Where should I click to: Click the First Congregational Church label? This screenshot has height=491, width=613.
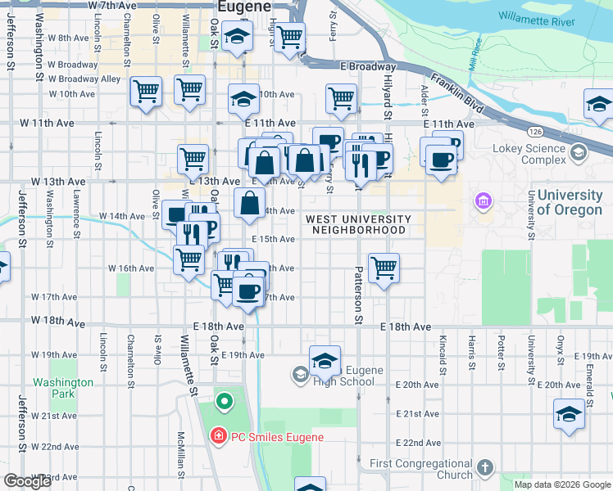pos(420,469)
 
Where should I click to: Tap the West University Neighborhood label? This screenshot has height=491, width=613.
pos(359,224)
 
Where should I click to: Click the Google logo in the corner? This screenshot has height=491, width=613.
pos(28,481)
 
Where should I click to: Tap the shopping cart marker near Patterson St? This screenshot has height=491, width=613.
pos(384,268)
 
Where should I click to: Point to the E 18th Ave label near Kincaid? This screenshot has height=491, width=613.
pos(406,327)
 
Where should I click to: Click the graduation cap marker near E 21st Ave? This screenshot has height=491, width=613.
pos(569,412)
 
